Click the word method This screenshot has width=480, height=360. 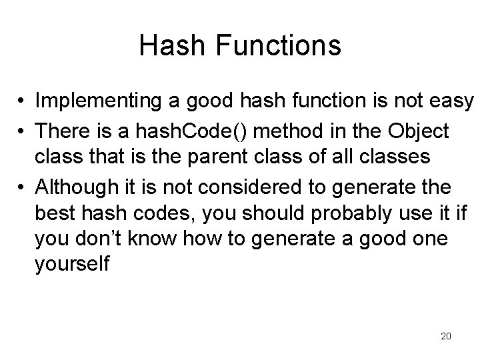271,131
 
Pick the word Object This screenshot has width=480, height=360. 421,131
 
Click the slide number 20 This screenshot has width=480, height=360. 445,336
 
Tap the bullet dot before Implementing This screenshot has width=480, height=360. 22,101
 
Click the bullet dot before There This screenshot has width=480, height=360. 22,132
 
